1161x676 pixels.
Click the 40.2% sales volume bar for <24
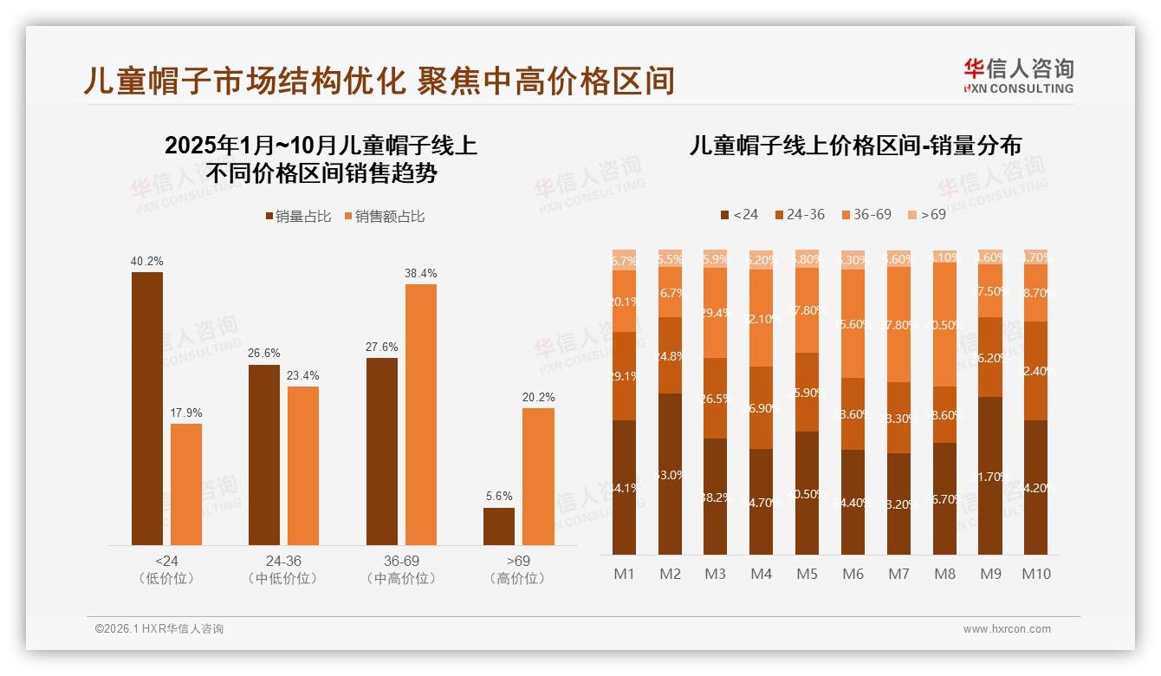tap(147, 408)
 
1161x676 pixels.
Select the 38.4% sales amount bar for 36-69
tap(421, 414)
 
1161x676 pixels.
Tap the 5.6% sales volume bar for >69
tap(499, 526)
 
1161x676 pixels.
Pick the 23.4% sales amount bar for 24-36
tap(303, 465)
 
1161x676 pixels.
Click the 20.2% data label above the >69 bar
tap(539, 397)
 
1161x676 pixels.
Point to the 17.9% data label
tap(186, 413)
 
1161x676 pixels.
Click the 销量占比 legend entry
tap(297, 217)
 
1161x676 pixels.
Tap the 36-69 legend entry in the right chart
tap(866, 214)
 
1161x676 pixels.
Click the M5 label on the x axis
tap(807, 574)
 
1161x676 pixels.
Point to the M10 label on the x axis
tap(1036, 574)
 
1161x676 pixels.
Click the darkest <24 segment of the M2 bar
tap(670, 474)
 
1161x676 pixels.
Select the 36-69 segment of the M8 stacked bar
tap(944, 324)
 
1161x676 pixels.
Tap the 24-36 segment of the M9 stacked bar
tap(990, 357)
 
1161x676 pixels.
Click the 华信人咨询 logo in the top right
tap(1018, 75)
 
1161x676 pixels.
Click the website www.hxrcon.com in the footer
tap(1007, 629)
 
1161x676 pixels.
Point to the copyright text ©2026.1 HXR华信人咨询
tap(159, 629)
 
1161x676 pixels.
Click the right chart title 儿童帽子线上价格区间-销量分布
tap(855, 145)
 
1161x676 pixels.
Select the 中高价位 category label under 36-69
tap(401, 578)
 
